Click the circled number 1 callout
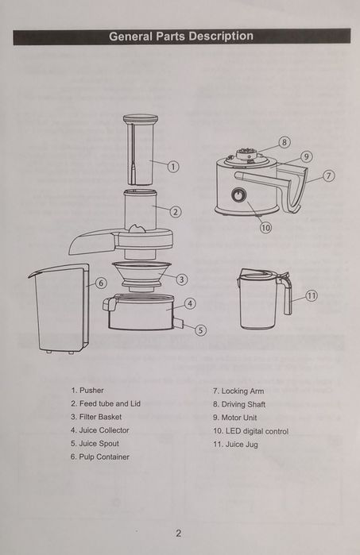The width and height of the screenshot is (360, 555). point(173,167)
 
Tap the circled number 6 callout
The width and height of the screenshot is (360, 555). point(101,283)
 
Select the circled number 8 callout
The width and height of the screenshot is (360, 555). point(285,142)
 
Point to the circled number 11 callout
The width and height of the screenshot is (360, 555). point(312,295)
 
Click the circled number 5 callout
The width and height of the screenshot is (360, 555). point(200,330)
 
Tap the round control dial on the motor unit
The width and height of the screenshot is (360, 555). point(238,195)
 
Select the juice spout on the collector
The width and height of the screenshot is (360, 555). point(178,322)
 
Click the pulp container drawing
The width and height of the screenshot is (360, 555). point(59,308)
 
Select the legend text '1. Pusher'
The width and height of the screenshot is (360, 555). point(87,391)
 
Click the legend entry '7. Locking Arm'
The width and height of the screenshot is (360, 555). point(238,391)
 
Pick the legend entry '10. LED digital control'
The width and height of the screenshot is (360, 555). point(250,431)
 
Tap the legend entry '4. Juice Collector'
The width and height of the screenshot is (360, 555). point(99,430)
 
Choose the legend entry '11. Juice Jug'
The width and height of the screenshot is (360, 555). point(235,444)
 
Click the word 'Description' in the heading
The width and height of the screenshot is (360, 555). point(221,36)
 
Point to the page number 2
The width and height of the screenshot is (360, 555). point(179,533)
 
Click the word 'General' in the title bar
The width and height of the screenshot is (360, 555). point(131,36)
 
